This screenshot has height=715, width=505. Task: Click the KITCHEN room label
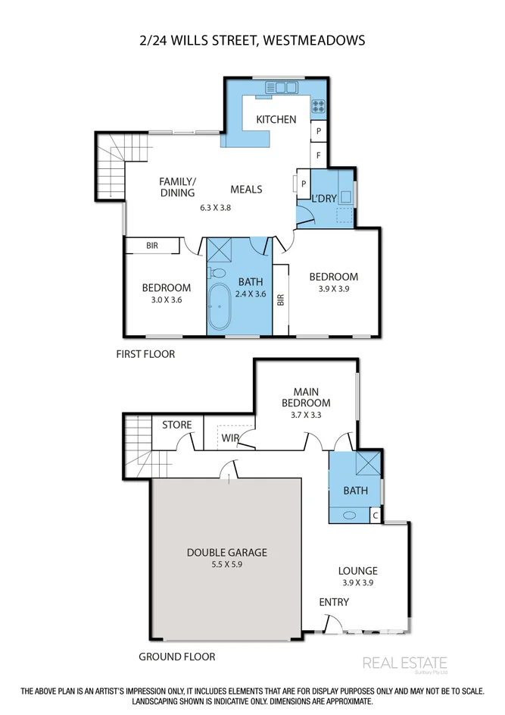pyautogui.click(x=276, y=120)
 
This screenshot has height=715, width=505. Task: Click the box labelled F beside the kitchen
pyautogui.click(x=319, y=155)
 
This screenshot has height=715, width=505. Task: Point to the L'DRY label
pyautogui.click(x=325, y=199)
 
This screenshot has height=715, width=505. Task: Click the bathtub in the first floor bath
pyautogui.click(x=220, y=307)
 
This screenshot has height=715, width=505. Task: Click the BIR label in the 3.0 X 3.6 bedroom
pyautogui.click(x=152, y=246)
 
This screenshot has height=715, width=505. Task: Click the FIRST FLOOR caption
pyautogui.click(x=145, y=354)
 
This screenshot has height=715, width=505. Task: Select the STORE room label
pyautogui.click(x=177, y=425)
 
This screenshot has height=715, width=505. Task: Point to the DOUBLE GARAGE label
pyautogui.click(x=226, y=552)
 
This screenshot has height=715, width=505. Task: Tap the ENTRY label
pyautogui.click(x=334, y=602)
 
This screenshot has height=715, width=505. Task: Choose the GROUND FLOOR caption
pyautogui.click(x=176, y=657)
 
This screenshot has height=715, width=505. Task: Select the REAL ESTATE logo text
pyautogui.click(x=405, y=663)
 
